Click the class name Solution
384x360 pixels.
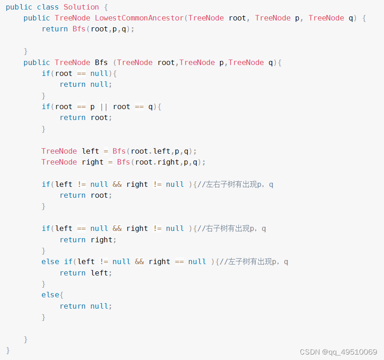tap(81, 7)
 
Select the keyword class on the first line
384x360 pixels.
tap(48, 7)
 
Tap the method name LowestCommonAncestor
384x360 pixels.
tap(139, 18)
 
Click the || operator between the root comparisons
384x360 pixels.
tap(104, 107)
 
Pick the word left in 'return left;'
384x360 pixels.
tap(99, 273)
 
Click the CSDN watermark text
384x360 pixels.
tap(309, 352)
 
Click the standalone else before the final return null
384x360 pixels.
tap(50, 295)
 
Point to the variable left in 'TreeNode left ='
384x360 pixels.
tap(90, 151)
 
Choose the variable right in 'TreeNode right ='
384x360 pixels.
tap(92, 162)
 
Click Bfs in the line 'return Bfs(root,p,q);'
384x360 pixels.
tap(79, 29)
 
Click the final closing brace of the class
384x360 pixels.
tap(8, 350)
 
